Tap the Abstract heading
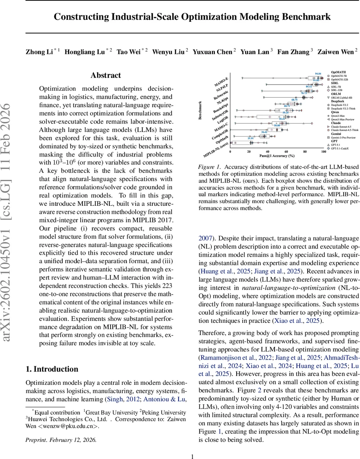coord(105,75)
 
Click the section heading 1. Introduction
coord(52,369)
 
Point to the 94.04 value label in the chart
coord(318,73)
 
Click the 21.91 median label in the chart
coord(251,138)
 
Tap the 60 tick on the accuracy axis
coord(286,152)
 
